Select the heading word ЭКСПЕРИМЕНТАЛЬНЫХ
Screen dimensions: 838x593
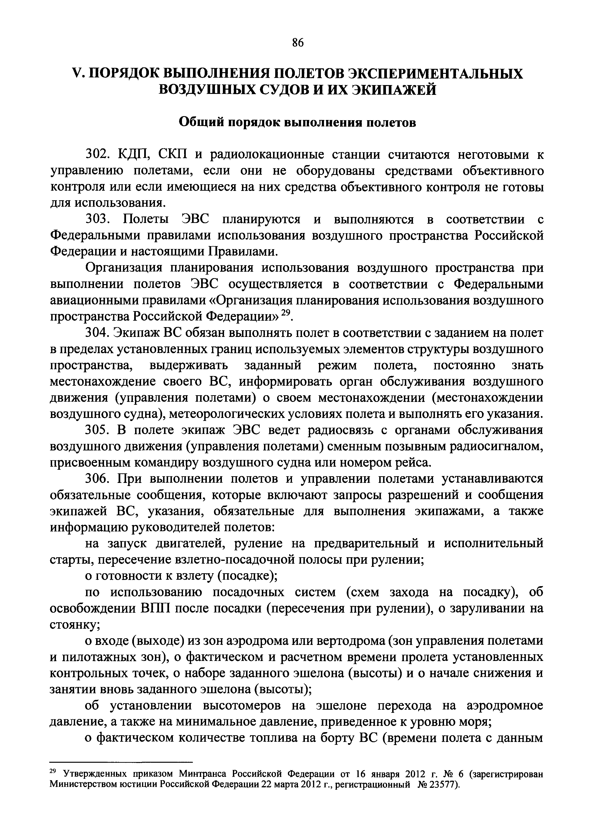[x=434, y=74]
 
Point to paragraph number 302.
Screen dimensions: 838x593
[x=98, y=155]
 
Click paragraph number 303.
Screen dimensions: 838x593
[x=98, y=219]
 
